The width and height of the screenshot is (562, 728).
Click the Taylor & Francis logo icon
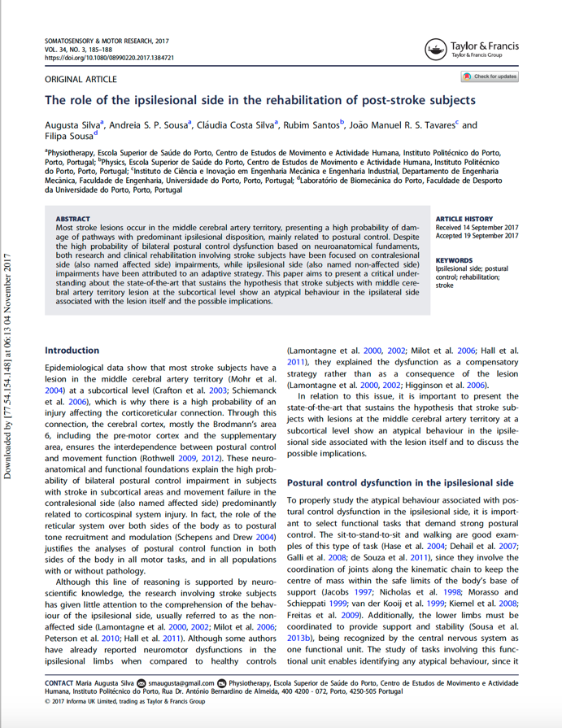pos(437,50)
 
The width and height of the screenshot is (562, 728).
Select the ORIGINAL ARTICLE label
pos(81,80)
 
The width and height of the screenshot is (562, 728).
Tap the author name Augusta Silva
pos(74,125)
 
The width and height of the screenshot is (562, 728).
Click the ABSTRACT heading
pos(72,219)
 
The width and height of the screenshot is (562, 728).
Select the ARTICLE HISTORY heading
pos(464,219)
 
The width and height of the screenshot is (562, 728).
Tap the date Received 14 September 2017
pos(477,228)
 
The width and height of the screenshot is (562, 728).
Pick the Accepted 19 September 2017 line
pos(477,236)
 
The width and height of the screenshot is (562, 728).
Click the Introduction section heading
pos(72,351)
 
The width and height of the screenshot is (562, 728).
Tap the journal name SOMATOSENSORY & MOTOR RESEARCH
pos(107,41)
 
